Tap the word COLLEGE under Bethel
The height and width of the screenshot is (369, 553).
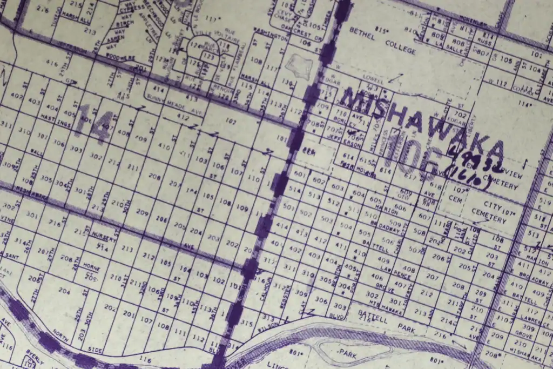tap(400, 49)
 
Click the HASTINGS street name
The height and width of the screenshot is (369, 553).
tap(54, 119)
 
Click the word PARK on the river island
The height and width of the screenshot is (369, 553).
tap(347, 352)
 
